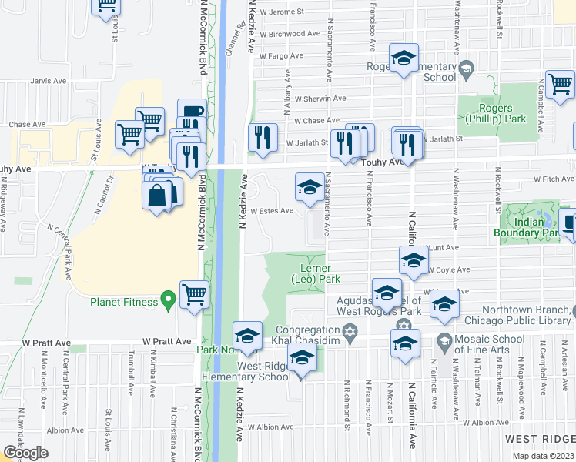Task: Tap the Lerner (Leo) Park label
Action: tap(315, 273)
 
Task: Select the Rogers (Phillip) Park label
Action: tap(495, 114)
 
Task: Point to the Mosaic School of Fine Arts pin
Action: tap(444, 340)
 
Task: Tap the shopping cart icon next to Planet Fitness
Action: tap(194, 294)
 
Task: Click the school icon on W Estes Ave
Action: tap(310, 187)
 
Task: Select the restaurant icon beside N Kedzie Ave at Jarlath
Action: tap(263, 138)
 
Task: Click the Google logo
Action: tap(25, 453)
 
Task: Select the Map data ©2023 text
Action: tap(543, 456)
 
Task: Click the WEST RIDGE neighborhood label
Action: tap(539, 438)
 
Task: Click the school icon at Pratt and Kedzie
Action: tap(248, 336)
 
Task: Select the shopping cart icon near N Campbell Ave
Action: tap(560, 84)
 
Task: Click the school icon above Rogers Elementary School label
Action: tap(402, 59)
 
